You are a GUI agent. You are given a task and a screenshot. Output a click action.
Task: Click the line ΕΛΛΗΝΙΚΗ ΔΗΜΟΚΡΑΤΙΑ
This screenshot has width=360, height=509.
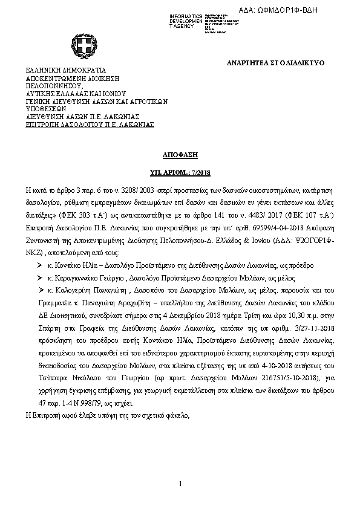[x=65, y=70]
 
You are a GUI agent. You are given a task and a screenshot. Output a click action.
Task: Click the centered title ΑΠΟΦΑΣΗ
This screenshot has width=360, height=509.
[x=180, y=155]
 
